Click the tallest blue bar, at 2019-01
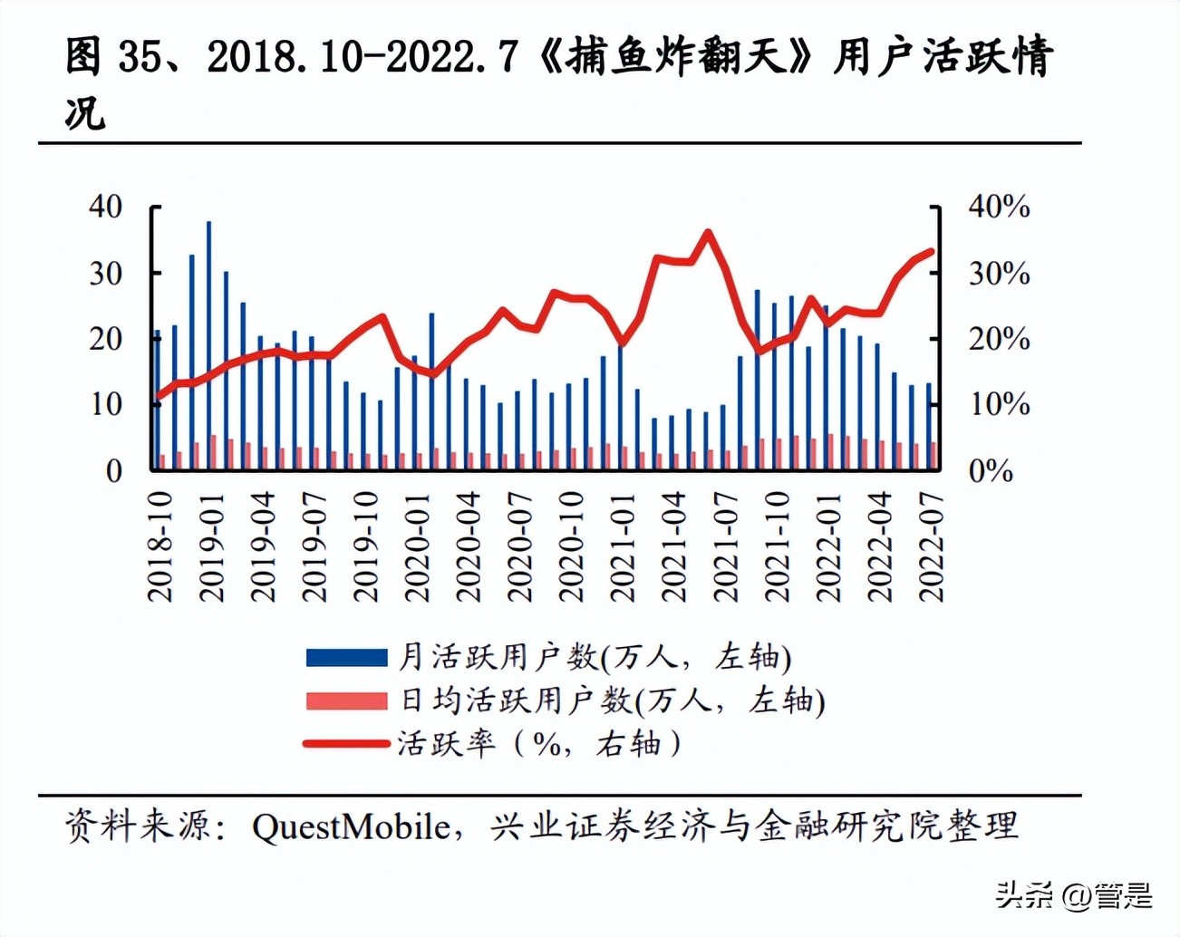coord(208,344)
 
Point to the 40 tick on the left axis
coord(106,207)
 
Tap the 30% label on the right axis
coord(999,273)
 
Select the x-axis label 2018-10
coord(160,548)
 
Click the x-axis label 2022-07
coord(931,548)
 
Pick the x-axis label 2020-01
coord(417,548)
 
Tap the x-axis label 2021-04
coord(673,548)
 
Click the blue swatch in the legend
coord(346,657)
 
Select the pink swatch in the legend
coord(346,700)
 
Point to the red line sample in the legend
coord(346,744)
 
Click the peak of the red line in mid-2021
coord(708,233)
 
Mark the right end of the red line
coord(931,252)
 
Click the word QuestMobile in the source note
coord(351,826)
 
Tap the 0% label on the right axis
coord(991,470)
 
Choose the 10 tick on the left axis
coord(106,404)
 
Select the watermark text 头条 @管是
coord(1073,895)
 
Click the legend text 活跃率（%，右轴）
coord(540,744)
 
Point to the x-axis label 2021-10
coord(777,548)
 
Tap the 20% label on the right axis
coord(999,339)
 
